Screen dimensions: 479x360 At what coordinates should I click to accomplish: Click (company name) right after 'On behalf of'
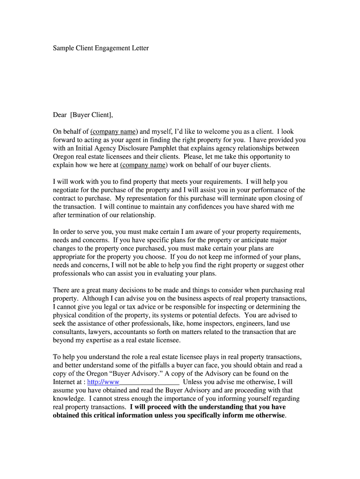[114, 131]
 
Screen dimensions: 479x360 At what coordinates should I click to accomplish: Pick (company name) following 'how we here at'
[144, 165]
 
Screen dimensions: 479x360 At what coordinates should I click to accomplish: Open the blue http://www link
[100, 382]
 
